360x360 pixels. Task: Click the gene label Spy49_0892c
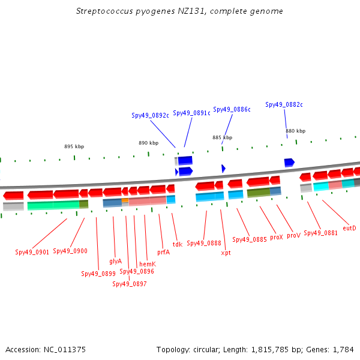coord(150,115)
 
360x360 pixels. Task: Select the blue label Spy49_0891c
coord(191,113)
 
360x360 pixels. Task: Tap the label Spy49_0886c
coord(232,109)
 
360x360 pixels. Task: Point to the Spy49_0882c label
coord(284,104)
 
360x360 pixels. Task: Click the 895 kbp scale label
coord(74,146)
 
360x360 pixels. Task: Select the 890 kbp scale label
coord(149,143)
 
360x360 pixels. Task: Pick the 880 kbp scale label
coord(295,131)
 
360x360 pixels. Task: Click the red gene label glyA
coord(115,261)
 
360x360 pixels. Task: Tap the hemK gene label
coord(148,264)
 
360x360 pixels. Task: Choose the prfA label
coord(163,253)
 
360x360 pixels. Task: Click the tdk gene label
coord(178,244)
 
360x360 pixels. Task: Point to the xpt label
coord(226,253)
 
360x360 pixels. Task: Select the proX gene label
coord(277,237)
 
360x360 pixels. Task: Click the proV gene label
coord(293,236)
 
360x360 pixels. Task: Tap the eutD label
coord(349,228)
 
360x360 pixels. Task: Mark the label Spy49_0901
coord(32,252)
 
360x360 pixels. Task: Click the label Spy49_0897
coord(130,284)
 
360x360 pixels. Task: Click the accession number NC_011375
coord(65,350)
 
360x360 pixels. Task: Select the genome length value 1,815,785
coord(270,350)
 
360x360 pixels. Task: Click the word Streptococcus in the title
coord(104,11)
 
